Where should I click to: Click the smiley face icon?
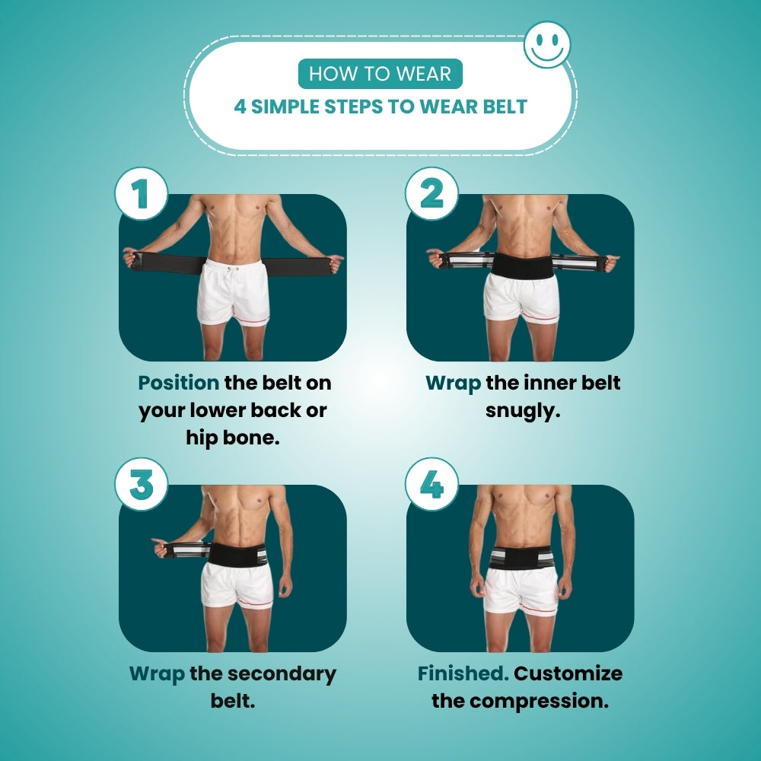pos(547,45)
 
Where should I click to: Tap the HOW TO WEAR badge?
pos(380,74)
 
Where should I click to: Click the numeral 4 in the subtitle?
pos(240,107)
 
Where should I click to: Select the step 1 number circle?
pos(142,193)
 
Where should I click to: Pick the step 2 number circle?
pos(431,193)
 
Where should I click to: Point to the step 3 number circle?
pos(142,484)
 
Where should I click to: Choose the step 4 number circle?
pos(431,484)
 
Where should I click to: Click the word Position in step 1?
pos(179,383)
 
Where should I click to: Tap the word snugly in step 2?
pos(523,411)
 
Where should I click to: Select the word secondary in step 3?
pos(282,674)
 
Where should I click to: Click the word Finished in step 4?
pos(463,673)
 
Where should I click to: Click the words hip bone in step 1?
pos(233,438)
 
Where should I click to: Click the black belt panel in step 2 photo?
pos(522,265)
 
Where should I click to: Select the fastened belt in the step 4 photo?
pos(522,558)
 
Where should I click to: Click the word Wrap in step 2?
pos(454,384)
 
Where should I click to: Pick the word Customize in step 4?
pos(568,673)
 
